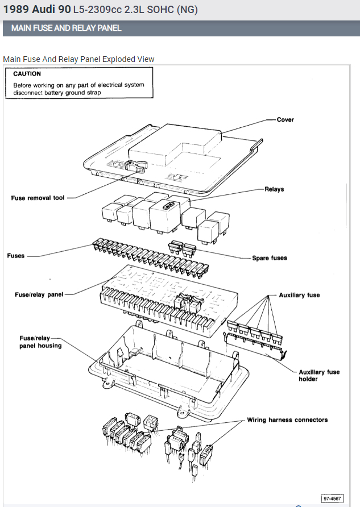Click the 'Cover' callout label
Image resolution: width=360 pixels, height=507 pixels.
[x=285, y=120]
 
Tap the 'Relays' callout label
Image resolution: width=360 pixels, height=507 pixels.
[x=274, y=189]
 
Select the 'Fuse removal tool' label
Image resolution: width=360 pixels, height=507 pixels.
[x=38, y=198]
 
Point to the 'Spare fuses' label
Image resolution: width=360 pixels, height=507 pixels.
[x=270, y=258]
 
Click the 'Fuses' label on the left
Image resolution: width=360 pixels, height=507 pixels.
[x=16, y=256]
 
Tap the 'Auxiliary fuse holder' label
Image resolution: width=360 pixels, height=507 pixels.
[x=319, y=375]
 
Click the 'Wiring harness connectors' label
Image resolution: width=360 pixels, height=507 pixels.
[x=287, y=420]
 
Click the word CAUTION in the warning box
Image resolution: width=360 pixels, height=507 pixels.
[x=27, y=74]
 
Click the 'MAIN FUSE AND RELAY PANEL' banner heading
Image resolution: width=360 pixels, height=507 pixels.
[x=67, y=28]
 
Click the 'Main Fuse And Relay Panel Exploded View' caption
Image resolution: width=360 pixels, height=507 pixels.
[x=78, y=59]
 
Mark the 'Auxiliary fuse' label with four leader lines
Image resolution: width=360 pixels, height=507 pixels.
[x=299, y=296]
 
